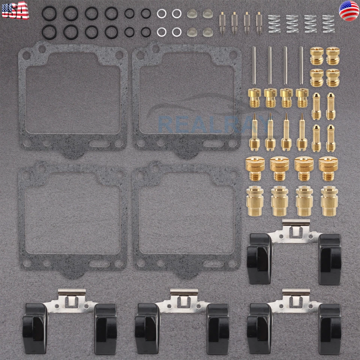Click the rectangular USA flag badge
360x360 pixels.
point(15,10)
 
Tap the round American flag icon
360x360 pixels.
point(348,11)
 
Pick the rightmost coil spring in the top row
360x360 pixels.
point(328,23)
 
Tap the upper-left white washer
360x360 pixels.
point(161,14)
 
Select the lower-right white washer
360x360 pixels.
point(177,32)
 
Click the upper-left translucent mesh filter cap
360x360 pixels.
point(192,14)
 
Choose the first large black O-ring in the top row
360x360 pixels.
point(48,13)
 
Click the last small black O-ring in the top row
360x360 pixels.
point(145,14)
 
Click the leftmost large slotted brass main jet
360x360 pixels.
point(255,167)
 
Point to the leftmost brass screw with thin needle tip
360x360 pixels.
point(255,132)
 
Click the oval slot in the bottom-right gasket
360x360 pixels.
point(212,264)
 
